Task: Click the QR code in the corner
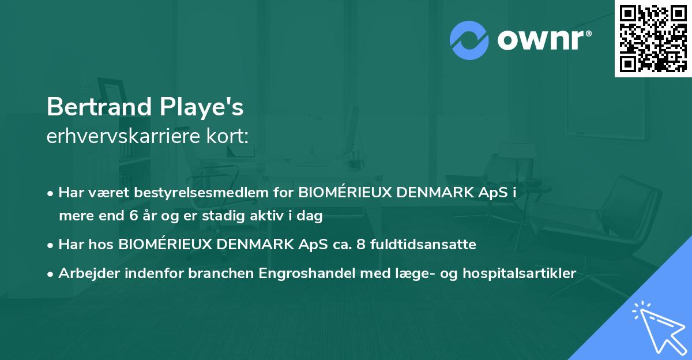653,39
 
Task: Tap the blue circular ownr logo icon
468,39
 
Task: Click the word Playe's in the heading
209,108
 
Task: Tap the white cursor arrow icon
657,325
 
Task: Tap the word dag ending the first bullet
310,216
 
